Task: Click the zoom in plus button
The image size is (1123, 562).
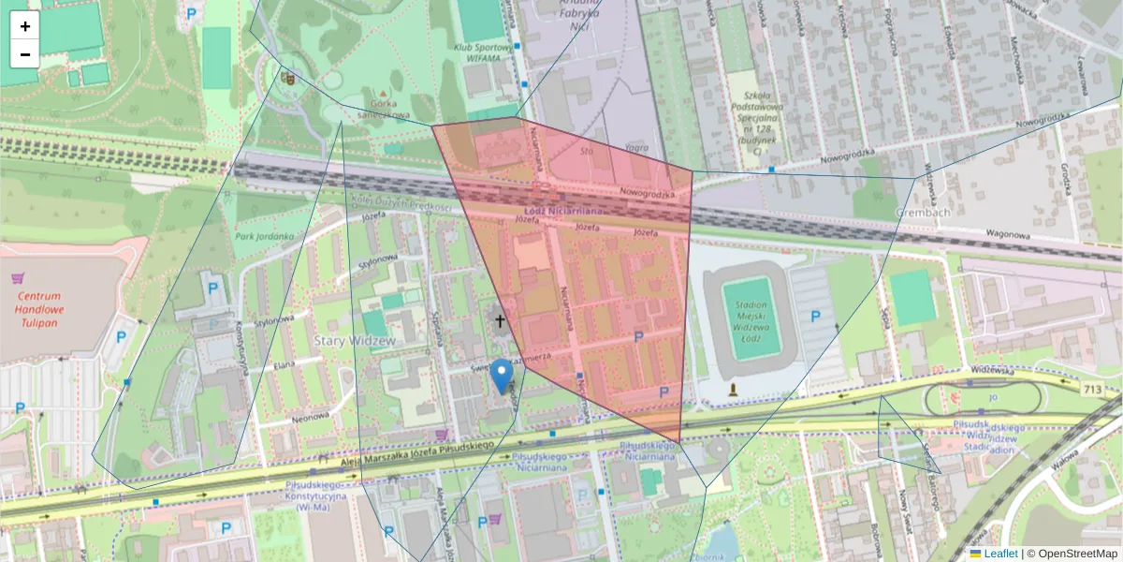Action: click(x=25, y=26)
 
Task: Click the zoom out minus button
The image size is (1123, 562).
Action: click(x=25, y=54)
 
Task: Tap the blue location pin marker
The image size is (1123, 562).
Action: click(x=503, y=376)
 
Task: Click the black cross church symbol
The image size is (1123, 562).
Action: click(x=500, y=321)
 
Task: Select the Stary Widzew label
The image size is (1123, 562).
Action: click(x=357, y=339)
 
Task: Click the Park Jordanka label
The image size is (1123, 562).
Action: click(x=265, y=237)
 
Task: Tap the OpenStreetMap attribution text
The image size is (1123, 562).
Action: click(x=1077, y=554)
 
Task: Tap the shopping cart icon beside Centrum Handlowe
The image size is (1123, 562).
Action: click(x=18, y=278)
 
